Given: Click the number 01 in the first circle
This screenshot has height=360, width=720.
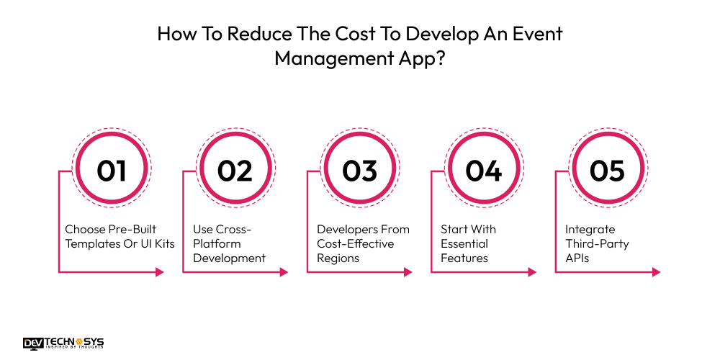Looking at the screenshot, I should [112, 171].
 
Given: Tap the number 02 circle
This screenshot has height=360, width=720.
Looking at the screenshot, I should [235, 171].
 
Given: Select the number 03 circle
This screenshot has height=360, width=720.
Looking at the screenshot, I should [359, 171].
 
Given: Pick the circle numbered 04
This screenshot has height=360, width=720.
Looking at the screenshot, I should [483, 171].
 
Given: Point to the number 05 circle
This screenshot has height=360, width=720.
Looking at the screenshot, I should [607, 171].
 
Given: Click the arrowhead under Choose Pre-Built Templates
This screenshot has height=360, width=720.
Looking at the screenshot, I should [160, 272].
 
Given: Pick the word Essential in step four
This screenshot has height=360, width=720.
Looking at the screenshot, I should [464, 243].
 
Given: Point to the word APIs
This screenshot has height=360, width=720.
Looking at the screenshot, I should [577, 258].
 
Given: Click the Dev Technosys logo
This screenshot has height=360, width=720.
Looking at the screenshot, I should [63, 343].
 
